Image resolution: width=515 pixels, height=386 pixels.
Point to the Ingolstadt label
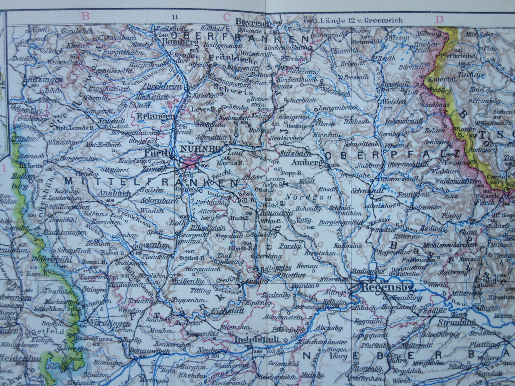point(257,340)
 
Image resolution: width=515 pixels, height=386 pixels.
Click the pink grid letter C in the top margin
point(226,17)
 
